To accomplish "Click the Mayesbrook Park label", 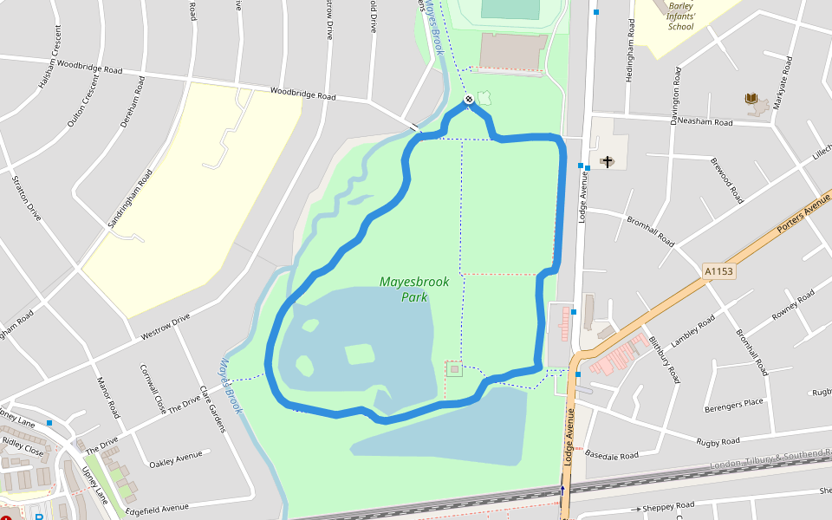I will coord(404,289).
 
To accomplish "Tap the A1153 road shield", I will coord(718,271).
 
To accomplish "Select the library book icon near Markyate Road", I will coord(751,99).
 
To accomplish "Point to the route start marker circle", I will coord(469,101).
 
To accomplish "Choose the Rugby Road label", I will coord(718,442).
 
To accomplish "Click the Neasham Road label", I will coord(705,122).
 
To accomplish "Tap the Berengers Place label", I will coord(734,402).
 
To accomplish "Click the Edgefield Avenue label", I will coord(157,508).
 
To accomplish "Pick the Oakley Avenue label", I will coord(176,459).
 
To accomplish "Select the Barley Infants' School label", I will coord(681,16).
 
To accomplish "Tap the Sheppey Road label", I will coord(667,506).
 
